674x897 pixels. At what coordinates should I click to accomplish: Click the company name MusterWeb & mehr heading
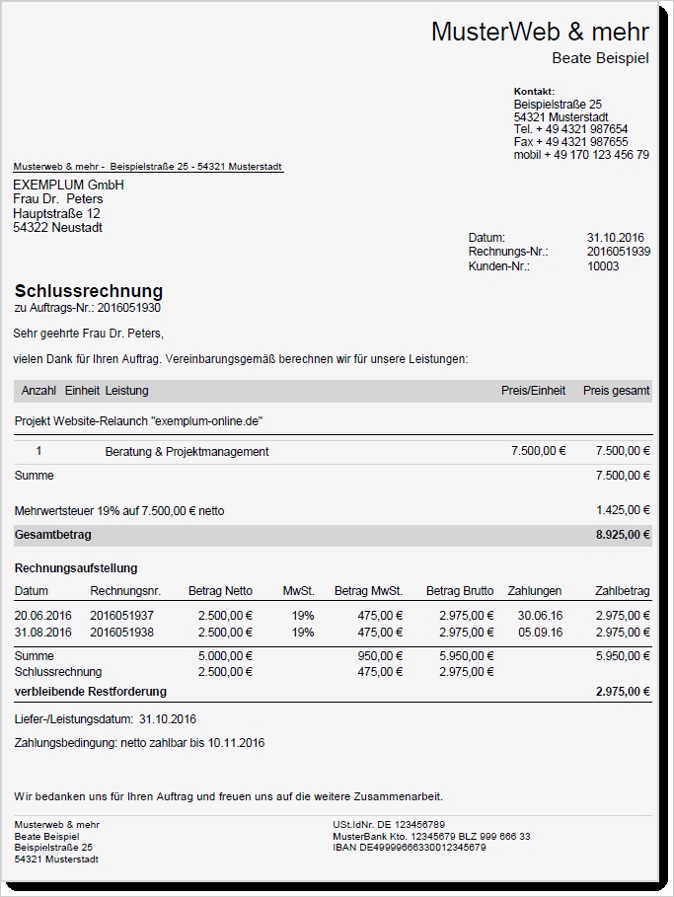[x=540, y=32]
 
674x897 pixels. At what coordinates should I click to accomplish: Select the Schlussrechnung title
[x=89, y=291]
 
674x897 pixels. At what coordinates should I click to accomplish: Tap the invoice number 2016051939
[x=618, y=252]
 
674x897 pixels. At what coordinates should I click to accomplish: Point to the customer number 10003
[x=603, y=266]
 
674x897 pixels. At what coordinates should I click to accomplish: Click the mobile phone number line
[x=581, y=155]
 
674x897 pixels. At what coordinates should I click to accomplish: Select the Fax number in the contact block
[x=570, y=142]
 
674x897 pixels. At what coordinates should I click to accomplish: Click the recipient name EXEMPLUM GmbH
[x=68, y=186]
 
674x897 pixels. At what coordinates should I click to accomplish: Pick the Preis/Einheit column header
[x=533, y=391]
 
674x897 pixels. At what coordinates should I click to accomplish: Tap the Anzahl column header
[x=38, y=391]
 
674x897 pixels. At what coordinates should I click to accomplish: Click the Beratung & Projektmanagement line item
[x=187, y=452]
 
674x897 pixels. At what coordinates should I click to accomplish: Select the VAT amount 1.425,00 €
[x=624, y=510]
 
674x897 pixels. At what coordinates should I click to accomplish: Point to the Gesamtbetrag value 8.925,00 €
[x=623, y=535]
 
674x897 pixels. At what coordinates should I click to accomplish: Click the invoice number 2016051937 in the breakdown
[x=121, y=615]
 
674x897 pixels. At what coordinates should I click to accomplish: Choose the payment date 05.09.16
[x=540, y=633]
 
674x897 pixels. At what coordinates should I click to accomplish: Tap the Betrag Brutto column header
[x=460, y=591]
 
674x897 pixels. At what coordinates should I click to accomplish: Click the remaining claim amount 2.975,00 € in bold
[x=623, y=692]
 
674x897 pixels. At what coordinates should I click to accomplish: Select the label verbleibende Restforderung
[x=91, y=692]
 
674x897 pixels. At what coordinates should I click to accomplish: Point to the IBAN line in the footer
[x=410, y=848]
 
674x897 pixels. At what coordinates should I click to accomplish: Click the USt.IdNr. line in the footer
[x=389, y=824]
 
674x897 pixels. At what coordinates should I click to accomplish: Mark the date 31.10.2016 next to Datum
[x=615, y=238]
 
